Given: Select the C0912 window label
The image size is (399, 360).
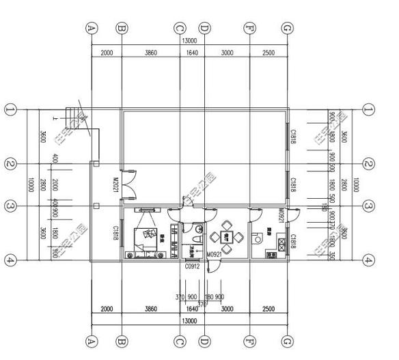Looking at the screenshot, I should click(192, 266).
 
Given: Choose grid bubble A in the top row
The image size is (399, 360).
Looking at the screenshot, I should click(92, 28).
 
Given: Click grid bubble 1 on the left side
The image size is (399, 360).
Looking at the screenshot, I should click(10, 109).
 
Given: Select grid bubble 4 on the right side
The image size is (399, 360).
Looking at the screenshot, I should click(369, 260).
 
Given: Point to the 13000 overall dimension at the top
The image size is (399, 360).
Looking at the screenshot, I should click(189, 40).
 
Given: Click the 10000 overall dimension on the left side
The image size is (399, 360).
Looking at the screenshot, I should click(31, 184).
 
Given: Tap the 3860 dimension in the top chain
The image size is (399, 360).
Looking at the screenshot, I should click(150, 53).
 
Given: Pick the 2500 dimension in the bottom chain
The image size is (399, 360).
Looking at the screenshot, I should click(269, 309).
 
